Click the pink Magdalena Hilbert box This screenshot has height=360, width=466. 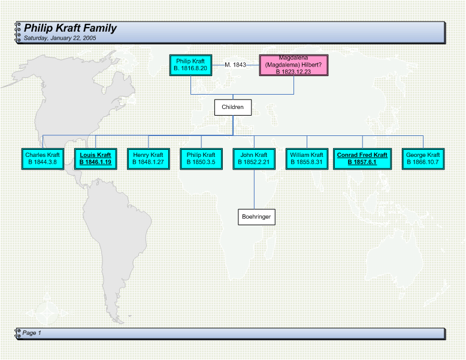[x=293, y=65]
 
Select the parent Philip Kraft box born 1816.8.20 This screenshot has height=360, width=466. [x=191, y=65]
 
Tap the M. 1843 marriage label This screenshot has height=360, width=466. [x=235, y=65]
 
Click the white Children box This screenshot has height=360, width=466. [x=233, y=107]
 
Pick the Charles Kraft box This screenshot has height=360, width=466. [x=43, y=159]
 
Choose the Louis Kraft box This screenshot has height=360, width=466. [x=96, y=159]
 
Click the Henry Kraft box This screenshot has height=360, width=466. [x=149, y=159]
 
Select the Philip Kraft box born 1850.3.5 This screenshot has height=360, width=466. [x=201, y=159]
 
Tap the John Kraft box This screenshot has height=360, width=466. [x=254, y=159]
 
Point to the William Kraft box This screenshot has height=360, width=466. [x=307, y=159]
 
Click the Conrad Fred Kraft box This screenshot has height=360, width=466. [x=362, y=159]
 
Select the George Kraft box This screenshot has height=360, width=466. [x=423, y=159]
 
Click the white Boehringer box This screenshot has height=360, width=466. [x=256, y=217]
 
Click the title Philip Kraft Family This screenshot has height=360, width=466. [x=70, y=28]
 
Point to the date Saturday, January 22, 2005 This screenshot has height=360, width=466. [x=60, y=38]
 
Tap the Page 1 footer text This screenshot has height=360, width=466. [x=32, y=333]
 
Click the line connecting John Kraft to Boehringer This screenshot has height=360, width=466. [x=254, y=189]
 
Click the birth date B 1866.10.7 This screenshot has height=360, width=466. [x=423, y=162]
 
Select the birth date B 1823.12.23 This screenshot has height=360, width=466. [x=293, y=72]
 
